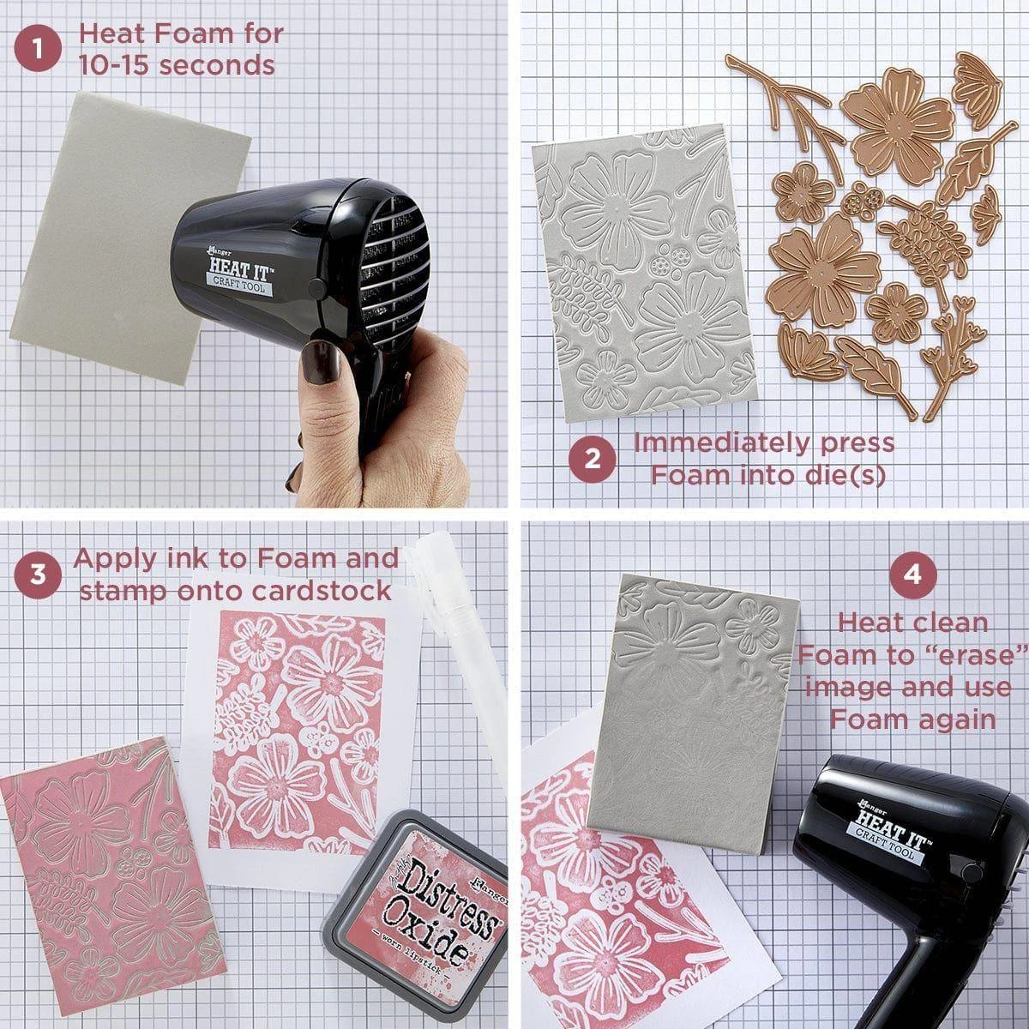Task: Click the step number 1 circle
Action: tap(38, 49)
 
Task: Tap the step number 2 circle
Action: tap(592, 460)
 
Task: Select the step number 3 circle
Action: tap(38, 575)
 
